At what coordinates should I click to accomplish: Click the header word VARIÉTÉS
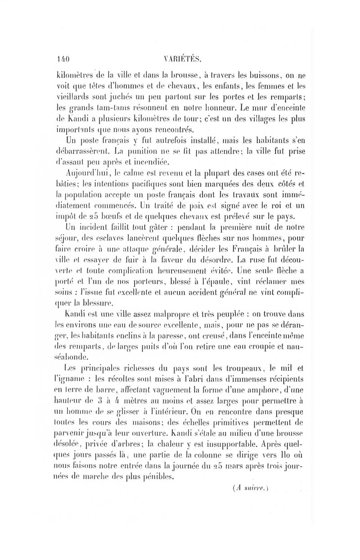[183, 58]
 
